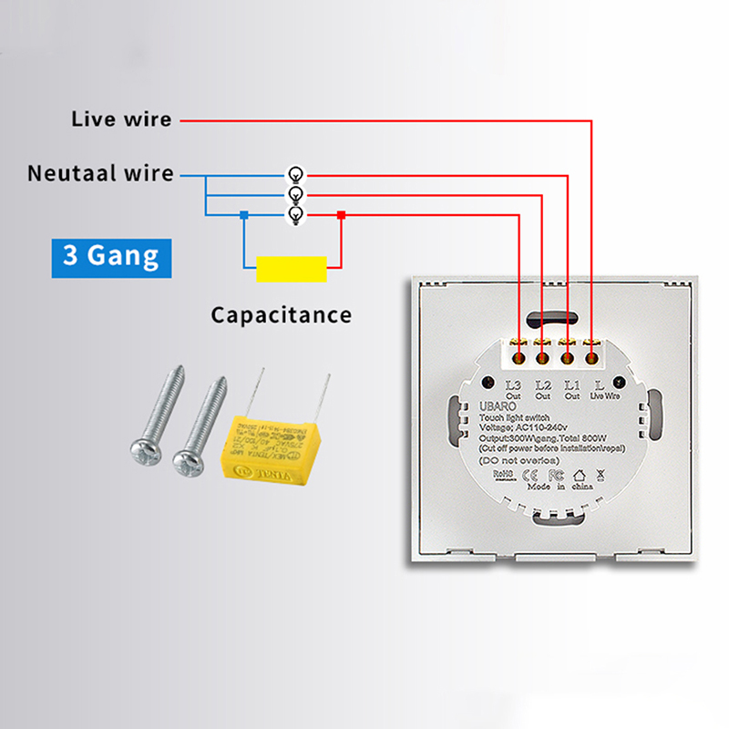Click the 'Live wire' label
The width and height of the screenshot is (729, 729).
[121, 119]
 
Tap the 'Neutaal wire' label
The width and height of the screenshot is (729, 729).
[100, 173]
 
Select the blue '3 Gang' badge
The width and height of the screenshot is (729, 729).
[110, 254]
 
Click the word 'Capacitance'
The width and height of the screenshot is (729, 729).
[281, 315]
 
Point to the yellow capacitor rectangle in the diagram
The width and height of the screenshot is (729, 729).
[292, 269]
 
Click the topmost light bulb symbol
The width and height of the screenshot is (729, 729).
[294, 174]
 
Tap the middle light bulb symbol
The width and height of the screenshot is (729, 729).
[294, 194]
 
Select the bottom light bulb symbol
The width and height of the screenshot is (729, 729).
[294, 215]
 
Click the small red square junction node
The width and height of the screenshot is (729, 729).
[341, 215]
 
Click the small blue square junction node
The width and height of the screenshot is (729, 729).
[243, 215]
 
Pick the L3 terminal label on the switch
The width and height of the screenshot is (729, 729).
[513, 385]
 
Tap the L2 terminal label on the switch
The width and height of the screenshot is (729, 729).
[543, 385]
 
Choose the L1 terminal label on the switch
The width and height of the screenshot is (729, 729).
[571, 385]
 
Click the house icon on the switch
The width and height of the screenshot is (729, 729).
[579, 475]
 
